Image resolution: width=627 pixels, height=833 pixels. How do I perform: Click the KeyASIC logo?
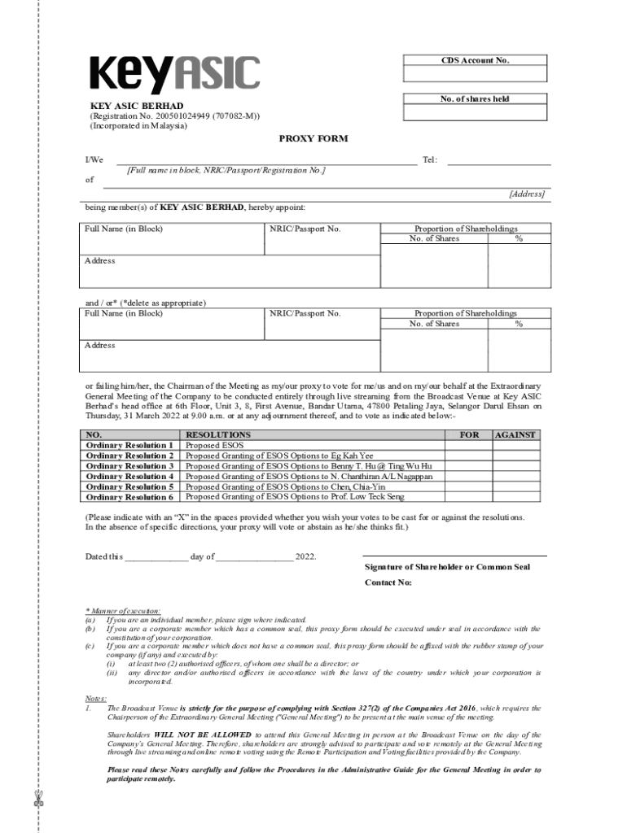174,75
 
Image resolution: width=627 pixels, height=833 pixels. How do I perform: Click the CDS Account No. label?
476,60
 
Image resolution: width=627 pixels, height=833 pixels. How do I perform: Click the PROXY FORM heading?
313,138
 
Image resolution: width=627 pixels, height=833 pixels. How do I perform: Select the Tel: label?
430,160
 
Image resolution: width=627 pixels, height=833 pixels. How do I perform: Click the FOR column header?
469,435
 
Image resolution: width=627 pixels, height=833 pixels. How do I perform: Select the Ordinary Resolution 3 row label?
129,466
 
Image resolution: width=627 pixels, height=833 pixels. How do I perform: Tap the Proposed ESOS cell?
214,446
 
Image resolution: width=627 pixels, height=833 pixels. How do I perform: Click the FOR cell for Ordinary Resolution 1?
469,446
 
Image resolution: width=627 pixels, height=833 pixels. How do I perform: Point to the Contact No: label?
388,582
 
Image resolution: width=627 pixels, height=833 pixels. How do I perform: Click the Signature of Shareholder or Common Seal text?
447,566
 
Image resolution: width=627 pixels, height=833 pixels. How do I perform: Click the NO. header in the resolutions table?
94,435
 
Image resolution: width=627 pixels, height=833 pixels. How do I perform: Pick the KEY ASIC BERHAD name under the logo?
136,106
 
